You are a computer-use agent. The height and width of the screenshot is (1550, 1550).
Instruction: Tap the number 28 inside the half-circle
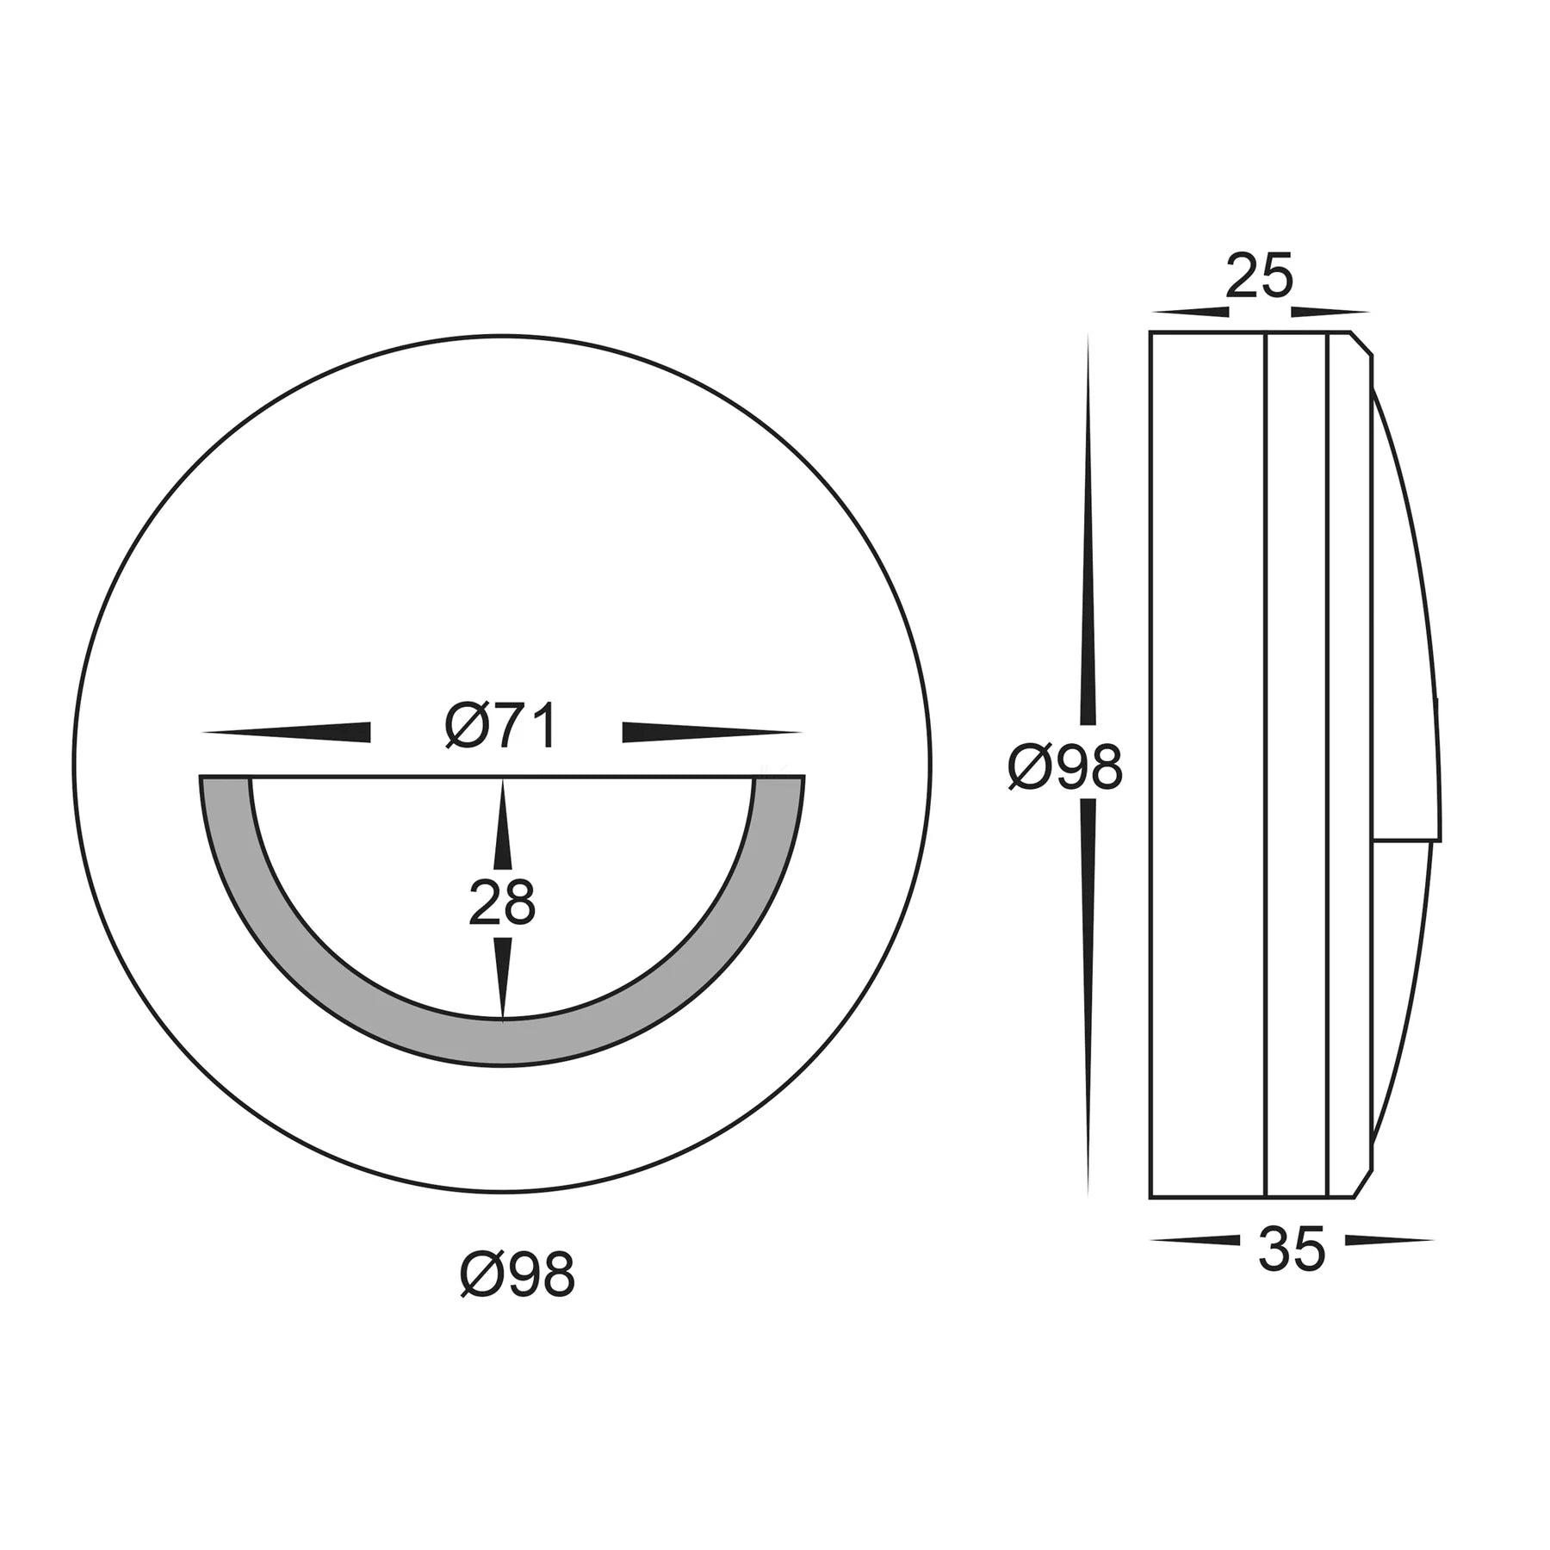502,903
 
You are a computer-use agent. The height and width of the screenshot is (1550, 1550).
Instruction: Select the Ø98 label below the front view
518,1275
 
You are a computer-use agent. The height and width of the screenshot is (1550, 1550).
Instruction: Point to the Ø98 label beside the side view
1065,767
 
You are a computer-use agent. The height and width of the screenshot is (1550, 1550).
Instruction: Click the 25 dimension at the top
1260,276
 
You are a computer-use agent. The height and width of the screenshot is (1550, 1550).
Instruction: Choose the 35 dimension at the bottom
1292,1249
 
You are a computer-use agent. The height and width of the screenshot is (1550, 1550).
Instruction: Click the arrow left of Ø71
286,732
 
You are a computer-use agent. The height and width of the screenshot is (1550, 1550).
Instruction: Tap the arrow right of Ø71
712,732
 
